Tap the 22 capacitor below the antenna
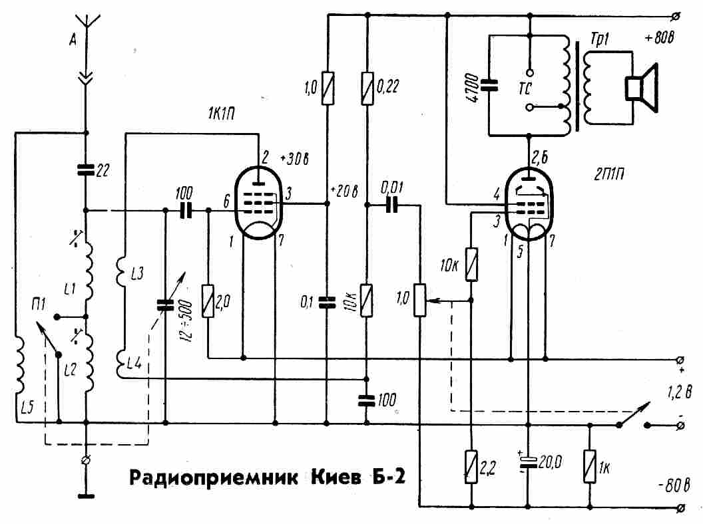click(86, 170)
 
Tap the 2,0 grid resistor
click(208, 303)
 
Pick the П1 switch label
click(37, 304)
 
